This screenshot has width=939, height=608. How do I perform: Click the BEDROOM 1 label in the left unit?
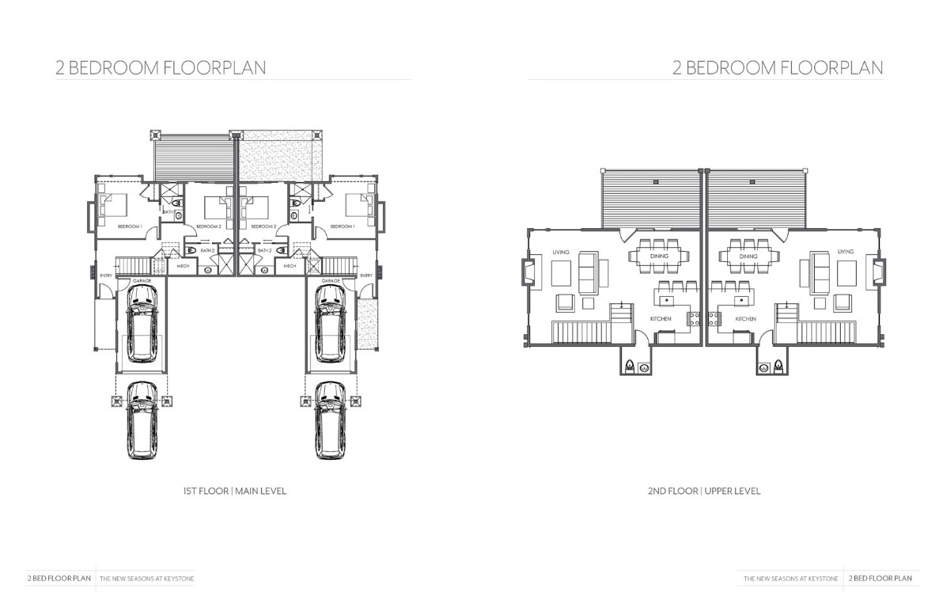click(130, 226)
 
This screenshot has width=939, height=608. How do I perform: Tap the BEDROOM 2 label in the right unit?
click(263, 226)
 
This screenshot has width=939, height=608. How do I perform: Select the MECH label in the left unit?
click(183, 266)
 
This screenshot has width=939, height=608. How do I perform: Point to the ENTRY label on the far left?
click(106, 275)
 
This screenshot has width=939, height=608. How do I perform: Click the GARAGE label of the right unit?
click(331, 281)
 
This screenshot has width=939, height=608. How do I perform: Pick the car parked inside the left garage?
click(142, 323)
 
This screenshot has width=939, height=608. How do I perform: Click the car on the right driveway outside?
click(330, 420)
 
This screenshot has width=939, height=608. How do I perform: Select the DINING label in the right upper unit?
click(748, 256)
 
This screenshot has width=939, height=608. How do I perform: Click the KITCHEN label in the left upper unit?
click(661, 318)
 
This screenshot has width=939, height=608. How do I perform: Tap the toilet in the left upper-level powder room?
click(629, 367)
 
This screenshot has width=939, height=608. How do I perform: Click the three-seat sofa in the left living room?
click(588, 272)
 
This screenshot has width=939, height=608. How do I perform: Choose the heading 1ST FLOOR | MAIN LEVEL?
click(235, 491)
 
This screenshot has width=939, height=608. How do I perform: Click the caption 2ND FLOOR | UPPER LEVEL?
click(704, 491)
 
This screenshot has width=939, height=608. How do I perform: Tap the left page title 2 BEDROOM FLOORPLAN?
click(161, 68)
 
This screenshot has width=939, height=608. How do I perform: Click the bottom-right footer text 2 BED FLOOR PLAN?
click(880, 579)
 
